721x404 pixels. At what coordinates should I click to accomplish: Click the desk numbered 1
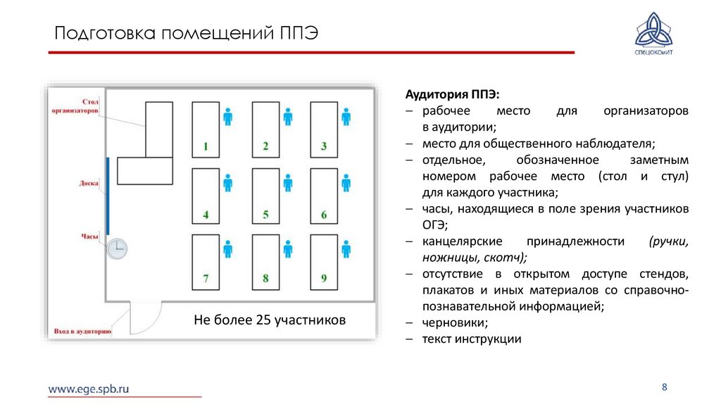tap(206, 130)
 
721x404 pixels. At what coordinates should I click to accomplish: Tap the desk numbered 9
tap(324, 262)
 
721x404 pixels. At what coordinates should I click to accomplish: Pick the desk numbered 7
tap(206, 262)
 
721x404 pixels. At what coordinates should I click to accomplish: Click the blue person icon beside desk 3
tap(346, 117)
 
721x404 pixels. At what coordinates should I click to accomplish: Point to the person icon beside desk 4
tap(227, 183)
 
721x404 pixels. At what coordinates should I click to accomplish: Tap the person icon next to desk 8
tap(287, 249)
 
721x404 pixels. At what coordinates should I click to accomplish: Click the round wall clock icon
tap(117, 248)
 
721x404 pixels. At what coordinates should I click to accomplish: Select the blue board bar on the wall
tap(108, 196)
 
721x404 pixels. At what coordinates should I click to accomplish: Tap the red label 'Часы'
tap(89, 237)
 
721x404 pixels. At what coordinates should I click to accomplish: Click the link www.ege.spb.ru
tap(89, 388)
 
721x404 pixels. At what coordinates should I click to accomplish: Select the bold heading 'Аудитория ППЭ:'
tap(452, 95)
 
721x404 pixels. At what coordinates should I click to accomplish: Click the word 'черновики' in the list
tap(455, 323)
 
